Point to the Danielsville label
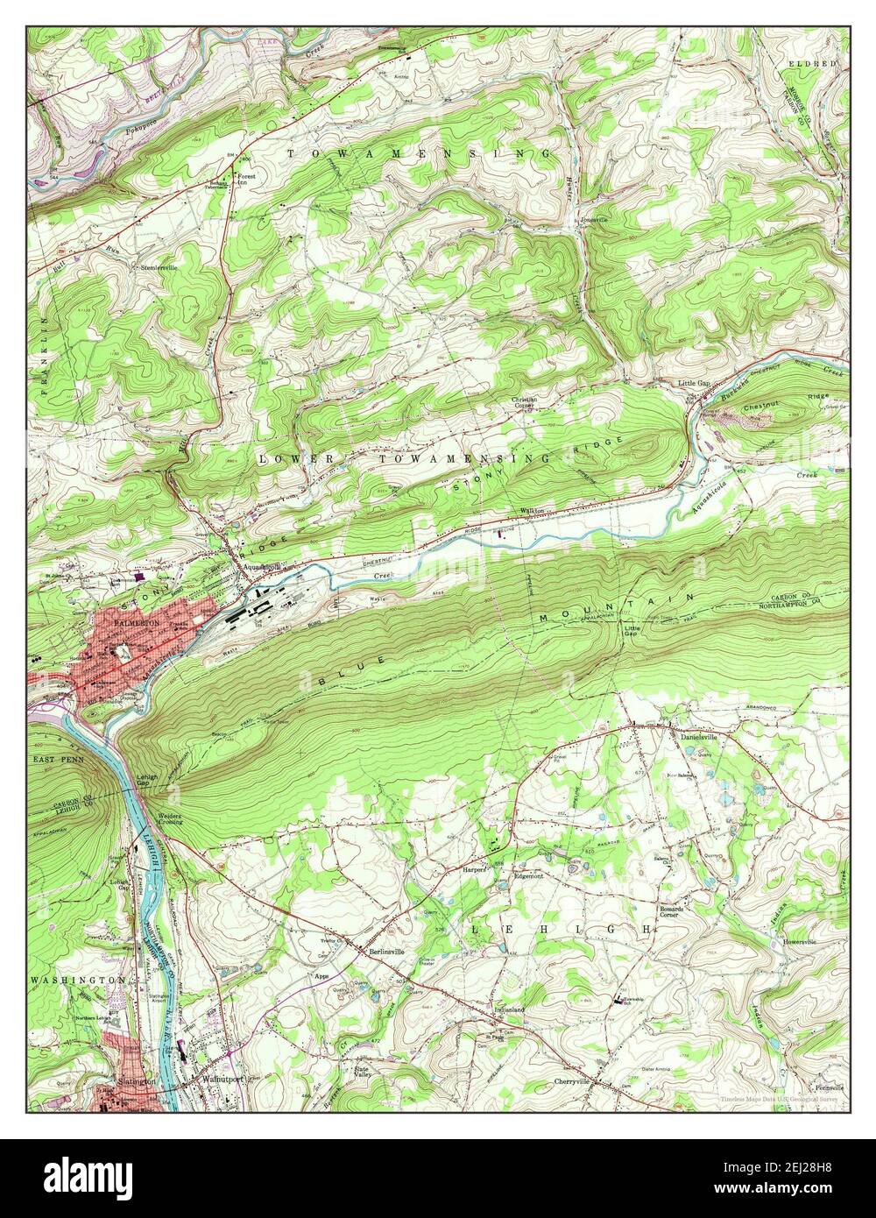(699, 737)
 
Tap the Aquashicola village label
(260, 566)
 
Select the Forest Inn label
(248, 179)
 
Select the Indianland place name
(509, 1009)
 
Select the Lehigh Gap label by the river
(147, 782)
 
